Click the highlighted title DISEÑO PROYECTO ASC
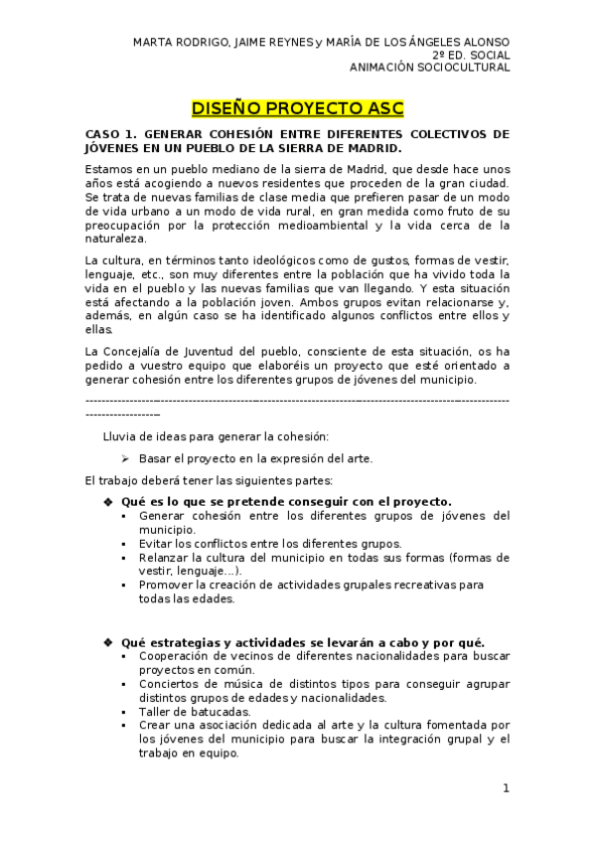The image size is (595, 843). click(297, 107)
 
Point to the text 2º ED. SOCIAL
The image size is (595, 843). click(471, 56)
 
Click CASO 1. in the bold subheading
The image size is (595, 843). click(110, 133)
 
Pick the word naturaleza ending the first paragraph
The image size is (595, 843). click(114, 240)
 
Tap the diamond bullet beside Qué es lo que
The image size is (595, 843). click(108, 502)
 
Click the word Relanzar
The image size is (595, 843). click(166, 558)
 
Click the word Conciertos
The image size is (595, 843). click(171, 684)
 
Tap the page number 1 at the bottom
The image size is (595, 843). click(506, 788)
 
